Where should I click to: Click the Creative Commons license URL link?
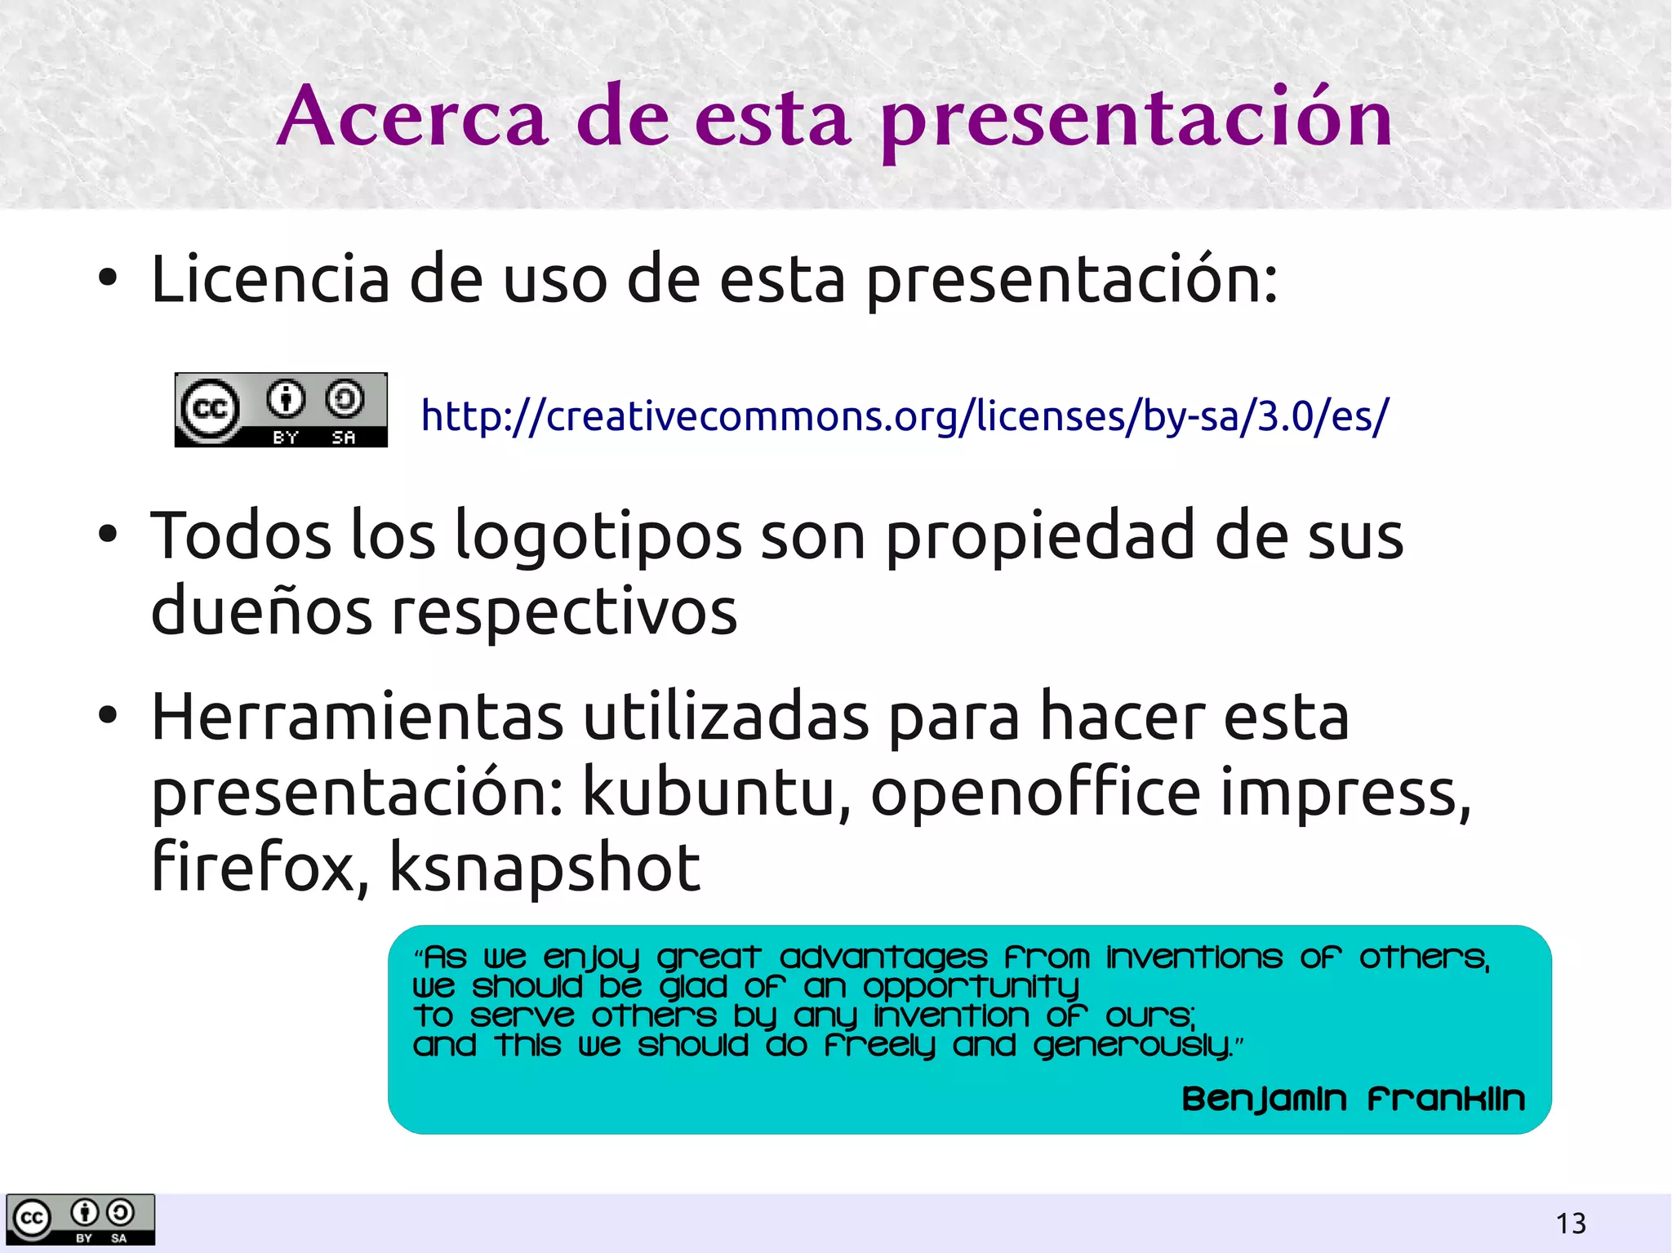click(x=904, y=415)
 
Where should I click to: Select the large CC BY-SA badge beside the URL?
click(x=281, y=410)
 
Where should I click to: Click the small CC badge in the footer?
click(x=80, y=1220)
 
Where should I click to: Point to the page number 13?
click(x=1571, y=1224)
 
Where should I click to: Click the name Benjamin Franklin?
click(x=1353, y=1100)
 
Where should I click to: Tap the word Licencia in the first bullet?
click(x=270, y=280)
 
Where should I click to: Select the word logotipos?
click(x=597, y=537)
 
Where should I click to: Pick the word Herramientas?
click(x=357, y=718)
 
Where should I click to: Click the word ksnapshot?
click(x=545, y=867)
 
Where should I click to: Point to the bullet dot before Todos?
click(x=107, y=535)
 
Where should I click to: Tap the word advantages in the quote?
click(x=883, y=958)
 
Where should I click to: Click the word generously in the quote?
click(x=1132, y=1046)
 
